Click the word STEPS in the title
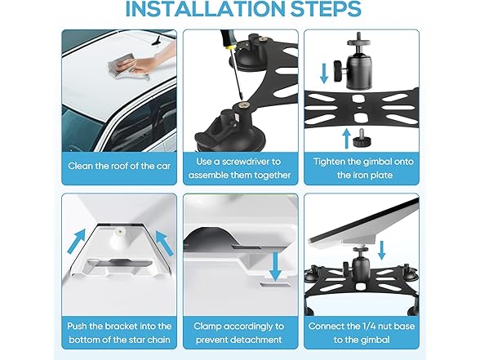(x=326, y=9)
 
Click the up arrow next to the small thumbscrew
(x=346, y=139)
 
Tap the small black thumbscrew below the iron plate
(x=362, y=139)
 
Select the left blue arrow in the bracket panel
(x=76, y=242)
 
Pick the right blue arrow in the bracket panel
(x=165, y=243)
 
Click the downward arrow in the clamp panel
(x=277, y=266)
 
